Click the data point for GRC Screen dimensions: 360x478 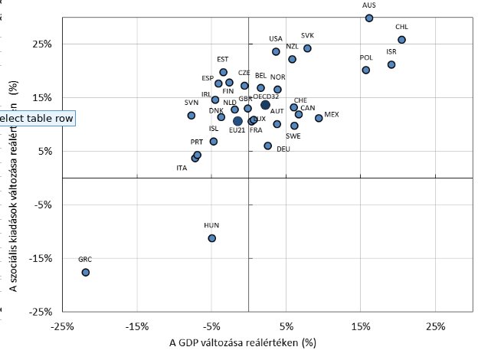tap(86, 272)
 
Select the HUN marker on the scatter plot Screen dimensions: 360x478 tap(212, 238)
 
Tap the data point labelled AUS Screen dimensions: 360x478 tap(369, 18)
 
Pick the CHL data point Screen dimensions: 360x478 tap(401, 40)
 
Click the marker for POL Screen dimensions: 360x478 tap(365, 70)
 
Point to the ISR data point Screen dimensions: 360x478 tap(391, 64)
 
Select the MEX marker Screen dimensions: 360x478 tap(319, 118)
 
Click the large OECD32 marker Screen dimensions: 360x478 tap(265, 105)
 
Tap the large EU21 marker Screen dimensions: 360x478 tap(237, 121)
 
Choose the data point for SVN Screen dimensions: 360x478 tap(191, 115)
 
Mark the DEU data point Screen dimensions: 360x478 tap(267, 146)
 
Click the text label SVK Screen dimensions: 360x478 tap(307, 35)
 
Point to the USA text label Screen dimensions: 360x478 tap(276, 38)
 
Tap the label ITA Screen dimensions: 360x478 tap(182, 168)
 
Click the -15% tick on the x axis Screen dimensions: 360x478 tap(136, 326)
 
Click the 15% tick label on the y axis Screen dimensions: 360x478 tap(41, 97)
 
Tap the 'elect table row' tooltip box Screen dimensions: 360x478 tap(37, 119)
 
